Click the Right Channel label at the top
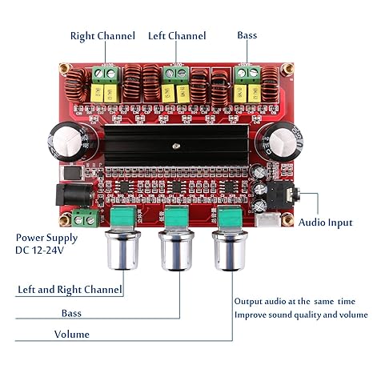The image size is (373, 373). pos(102,36)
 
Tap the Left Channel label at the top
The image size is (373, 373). pos(177,36)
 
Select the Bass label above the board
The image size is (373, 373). pos(247,36)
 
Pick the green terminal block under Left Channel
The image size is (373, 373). pos(173,75)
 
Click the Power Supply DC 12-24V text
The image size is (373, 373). pos(47,244)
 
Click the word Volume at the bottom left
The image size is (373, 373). pos(71,334)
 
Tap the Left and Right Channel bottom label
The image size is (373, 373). pos(70,289)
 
